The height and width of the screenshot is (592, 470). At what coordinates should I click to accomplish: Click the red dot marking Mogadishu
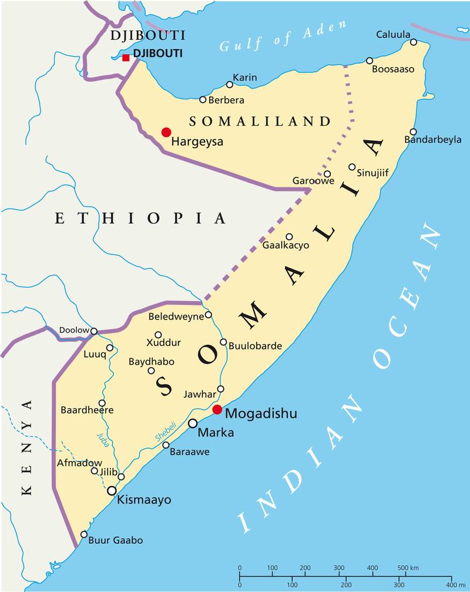(x=217, y=409)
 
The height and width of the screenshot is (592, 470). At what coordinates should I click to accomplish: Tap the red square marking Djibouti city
(x=126, y=58)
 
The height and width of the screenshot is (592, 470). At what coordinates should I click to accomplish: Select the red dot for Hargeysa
(x=166, y=132)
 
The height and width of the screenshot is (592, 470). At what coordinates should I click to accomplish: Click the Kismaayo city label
(x=144, y=500)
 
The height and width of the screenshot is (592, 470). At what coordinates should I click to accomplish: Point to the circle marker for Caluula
(x=414, y=42)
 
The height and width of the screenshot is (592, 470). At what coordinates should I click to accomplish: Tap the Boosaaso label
(x=393, y=69)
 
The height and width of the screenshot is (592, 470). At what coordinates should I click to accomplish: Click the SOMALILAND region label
(x=260, y=122)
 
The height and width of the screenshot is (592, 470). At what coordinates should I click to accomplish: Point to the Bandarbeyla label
(x=433, y=140)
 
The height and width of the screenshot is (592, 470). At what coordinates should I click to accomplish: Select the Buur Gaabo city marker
(x=84, y=534)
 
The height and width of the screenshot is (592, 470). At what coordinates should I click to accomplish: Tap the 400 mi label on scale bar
(x=456, y=585)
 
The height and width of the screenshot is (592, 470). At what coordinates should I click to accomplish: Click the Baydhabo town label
(x=152, y=362)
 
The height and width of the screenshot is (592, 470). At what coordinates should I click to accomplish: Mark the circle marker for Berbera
(x=203, y=100)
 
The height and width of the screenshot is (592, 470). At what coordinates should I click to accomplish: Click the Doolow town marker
(x=93, y=331)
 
